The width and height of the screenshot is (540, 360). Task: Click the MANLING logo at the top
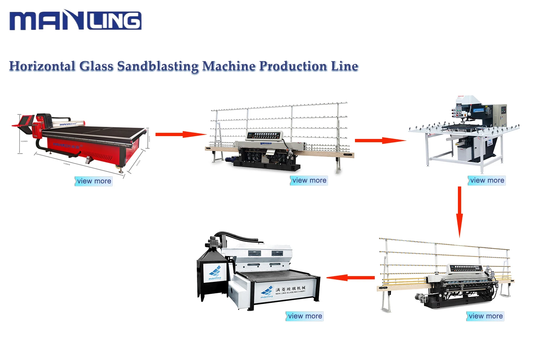(x=75, y=20)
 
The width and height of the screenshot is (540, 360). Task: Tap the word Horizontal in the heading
(x=42, y=66)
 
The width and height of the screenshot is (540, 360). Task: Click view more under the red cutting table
(x=94, y=181)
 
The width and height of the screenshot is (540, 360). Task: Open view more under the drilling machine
(x=487, y=180)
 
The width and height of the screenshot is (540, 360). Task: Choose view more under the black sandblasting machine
(x=305, y=316)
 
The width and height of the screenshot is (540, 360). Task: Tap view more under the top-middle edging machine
(x=309, y=180)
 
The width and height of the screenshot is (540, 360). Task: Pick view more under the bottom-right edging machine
(x=485, y=316)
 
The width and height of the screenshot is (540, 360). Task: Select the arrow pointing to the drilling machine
(x=380, y=140)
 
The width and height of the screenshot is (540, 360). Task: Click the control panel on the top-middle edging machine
(x=264, y=136)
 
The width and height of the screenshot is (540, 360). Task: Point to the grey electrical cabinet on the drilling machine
(x=499, y=114)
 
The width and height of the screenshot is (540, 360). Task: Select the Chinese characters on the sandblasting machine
(x=290, y=289)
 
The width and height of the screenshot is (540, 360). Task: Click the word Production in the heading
(x=293, y=66)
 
